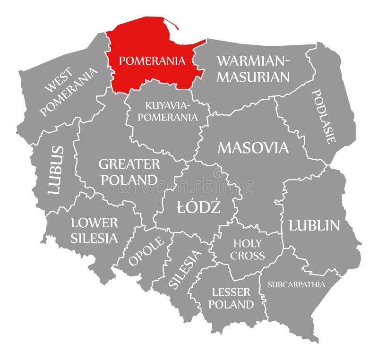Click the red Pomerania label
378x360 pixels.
click(152, 60)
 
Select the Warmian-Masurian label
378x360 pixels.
click(253, 69)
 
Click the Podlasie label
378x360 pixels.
click(324, 116)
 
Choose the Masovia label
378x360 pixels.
click(253, 148)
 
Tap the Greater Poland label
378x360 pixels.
click(129, 172)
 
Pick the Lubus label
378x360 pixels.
click(56, 170)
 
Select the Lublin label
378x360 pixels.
click(314, 225)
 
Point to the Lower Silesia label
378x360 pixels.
click(94, 230)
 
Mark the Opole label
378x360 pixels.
click(147, 250)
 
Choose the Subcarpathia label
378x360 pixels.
click(296, 284)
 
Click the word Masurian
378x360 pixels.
click(253, 77)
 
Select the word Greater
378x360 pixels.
click(129, 164)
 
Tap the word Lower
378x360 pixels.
click(94, 223)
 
